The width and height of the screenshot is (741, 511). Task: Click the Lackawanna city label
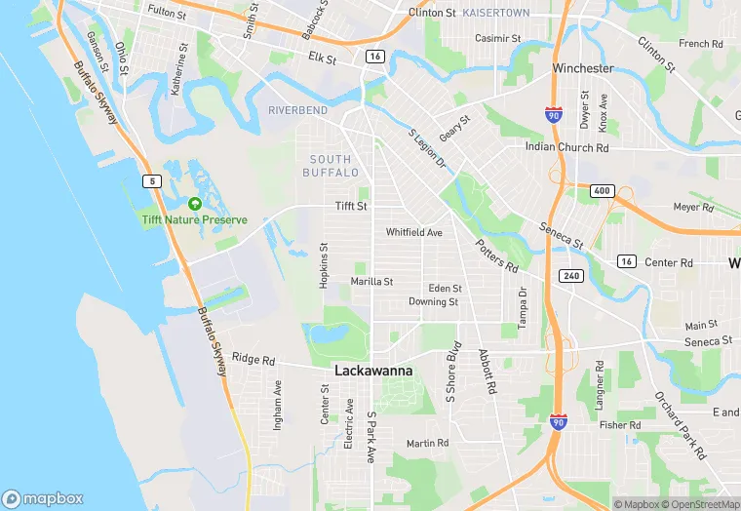click(373, 372)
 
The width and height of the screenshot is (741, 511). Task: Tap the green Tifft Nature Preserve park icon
click(194, 204)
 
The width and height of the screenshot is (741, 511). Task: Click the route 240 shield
click(570, 276)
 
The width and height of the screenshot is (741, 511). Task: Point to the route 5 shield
click(151, 180)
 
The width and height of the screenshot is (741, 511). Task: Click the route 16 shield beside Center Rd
click(626, 261)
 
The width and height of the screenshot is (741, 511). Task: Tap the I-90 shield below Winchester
click(553, 114)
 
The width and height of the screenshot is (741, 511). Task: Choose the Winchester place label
click(583, 68)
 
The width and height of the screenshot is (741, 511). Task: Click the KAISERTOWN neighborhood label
click(495, 13)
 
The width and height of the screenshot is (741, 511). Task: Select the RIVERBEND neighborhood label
click(297, 110)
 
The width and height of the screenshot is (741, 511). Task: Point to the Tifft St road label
click(351, 207)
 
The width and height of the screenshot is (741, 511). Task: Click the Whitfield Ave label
click(413, 233)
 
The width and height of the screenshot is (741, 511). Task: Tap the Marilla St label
click(371, 282)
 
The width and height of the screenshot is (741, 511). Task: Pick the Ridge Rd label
click(253, 358)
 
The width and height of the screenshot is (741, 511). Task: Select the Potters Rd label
click(497, 255)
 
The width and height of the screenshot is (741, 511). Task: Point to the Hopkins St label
click(324, 265)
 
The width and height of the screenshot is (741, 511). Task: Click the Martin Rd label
click(427, 443)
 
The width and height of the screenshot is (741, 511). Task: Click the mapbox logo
click(43, 498)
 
